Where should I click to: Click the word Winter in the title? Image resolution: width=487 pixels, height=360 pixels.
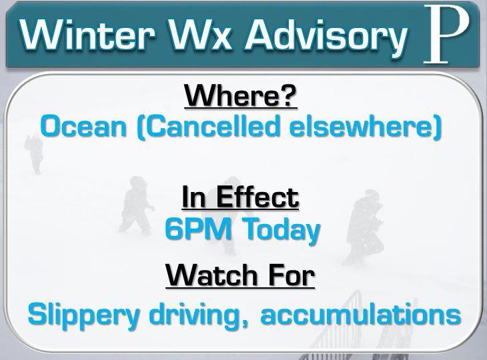pyautogui.click(x=87, y=35)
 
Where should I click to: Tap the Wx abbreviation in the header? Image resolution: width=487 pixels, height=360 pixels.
pyautogui.click(x=201, y=35)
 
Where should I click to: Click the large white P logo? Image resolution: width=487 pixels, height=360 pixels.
pyautogui.click(x=446, y=34)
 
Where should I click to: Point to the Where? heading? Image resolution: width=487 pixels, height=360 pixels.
pyautogui.click(x=241, y=95)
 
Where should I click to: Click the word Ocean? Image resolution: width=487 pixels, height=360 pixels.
pyautogui.click(x=83, y=127)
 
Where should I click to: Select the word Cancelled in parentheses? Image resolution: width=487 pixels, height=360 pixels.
pyautogui.click(x=212, y=127)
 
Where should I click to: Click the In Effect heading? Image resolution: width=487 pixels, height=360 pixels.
pyautogui.click(x=240, y=197)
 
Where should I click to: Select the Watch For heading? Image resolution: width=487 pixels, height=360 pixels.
pyautogui.click(x=240, y=275)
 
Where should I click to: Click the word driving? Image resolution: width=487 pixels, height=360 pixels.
pyautogui.click(x=199, y=315)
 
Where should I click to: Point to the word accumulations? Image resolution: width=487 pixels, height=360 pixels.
pyautogui.click(x=361, y=314)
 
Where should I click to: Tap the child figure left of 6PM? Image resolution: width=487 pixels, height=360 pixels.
pyautogui.click(x=136, y=205)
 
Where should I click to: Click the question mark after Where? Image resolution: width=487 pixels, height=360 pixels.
pyautogui.click(x=289, y=95)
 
